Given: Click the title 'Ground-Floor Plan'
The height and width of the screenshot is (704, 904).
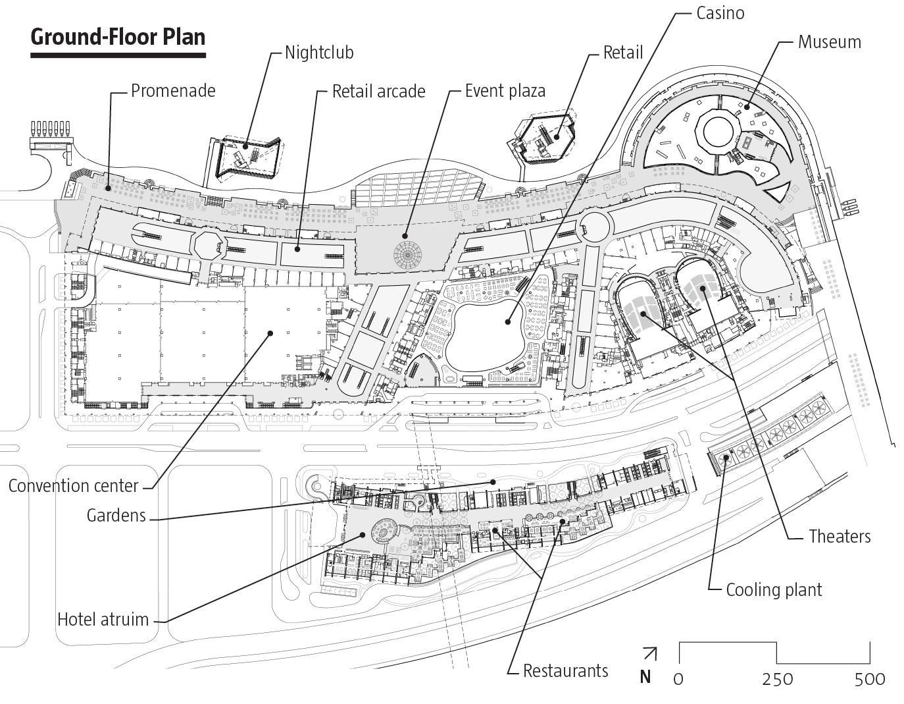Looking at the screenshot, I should [x=118, y=37].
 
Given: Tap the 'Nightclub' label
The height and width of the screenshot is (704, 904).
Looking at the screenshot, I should [x=319, y=52].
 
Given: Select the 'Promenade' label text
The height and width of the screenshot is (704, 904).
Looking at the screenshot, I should [x=173, y=90].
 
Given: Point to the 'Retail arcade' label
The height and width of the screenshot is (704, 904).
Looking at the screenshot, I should [x=378, y=91].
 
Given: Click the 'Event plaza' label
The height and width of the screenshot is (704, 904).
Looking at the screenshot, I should [x=505, y=90].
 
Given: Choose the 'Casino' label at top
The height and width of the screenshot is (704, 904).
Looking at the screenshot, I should [x=720, y=13].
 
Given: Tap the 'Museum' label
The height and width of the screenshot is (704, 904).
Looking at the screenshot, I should [x=829, y=42].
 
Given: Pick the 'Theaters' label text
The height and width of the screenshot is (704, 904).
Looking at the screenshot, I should [x=840, y=536].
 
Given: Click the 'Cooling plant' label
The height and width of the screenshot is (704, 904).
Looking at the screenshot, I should [x=774, y=589].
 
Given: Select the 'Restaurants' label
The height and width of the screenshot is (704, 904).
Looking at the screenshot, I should [x=565, y=671].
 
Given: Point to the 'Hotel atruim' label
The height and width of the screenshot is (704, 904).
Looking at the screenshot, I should [x=103, y=619].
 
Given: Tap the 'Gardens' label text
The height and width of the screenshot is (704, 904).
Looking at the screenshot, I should [x=116, y=515].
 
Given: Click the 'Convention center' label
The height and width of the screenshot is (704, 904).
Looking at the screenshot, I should [x=74, y=486].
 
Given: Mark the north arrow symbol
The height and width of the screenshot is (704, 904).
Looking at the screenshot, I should [x=649, y=653].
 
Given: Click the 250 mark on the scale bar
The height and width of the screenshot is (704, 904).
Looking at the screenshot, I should [x=778, y=679].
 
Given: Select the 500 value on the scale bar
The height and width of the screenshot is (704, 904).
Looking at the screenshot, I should [x=870, y=679].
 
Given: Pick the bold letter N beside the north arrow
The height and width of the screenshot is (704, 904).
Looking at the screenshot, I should [x=645, y=677].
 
